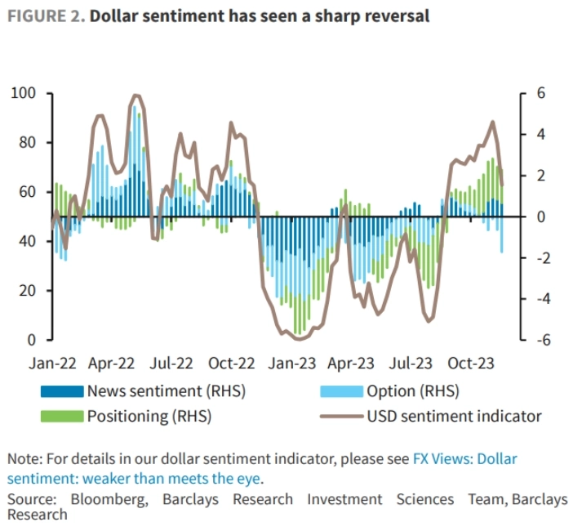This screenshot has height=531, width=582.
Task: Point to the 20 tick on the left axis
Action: [29, 290]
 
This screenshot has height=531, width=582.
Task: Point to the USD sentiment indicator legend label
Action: [454, 416]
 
